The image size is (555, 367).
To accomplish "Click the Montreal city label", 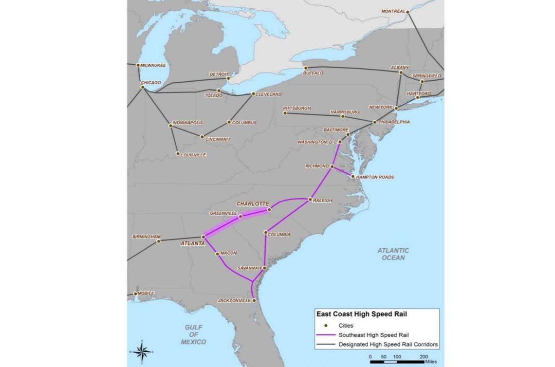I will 393,11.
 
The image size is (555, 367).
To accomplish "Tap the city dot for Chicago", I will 143,87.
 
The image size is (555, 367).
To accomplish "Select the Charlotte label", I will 253,203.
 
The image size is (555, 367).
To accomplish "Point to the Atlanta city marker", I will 203,237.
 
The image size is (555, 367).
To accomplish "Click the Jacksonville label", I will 234,301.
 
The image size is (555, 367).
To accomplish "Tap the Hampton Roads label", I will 375,177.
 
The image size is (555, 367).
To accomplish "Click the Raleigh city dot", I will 310,199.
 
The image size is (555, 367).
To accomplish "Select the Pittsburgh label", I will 296,108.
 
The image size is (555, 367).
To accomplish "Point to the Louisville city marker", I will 178,154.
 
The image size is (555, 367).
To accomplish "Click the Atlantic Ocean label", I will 393,254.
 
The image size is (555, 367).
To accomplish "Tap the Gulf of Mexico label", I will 193,334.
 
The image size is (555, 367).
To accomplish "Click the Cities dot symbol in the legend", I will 326,326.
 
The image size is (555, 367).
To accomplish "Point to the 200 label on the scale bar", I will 424,357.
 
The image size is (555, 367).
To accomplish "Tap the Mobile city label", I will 146,293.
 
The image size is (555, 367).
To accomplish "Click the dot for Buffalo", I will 306,68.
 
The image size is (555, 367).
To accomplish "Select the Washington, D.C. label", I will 317,142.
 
